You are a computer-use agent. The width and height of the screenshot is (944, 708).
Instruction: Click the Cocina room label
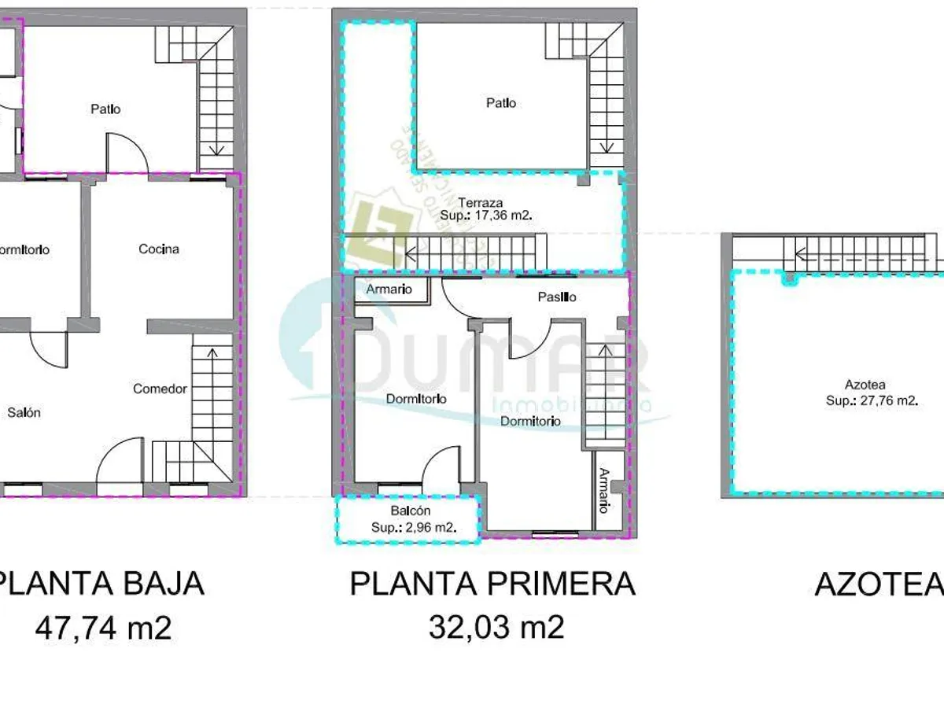pyautogui.click(x=159, y=249)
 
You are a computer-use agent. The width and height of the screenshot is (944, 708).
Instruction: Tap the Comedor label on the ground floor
pyautogui.click(x=160, y=389)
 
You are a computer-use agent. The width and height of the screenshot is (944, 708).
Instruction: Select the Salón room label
pyautogui.click(x=24, y=412)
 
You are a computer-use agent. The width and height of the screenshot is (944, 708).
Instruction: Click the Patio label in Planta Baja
pyautogui.click(x=105, y=109)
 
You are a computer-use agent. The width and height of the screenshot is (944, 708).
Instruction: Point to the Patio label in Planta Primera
pyautogui.click(x=501, y=103)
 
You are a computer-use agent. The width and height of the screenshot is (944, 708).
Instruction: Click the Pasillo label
pyautogui.click(x=557, y=297)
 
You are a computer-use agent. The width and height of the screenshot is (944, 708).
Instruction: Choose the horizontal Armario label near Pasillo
pyautogui.click(x=389, y=289)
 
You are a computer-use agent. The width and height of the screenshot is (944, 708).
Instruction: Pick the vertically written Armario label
pyautogui.click(x=603, y=491)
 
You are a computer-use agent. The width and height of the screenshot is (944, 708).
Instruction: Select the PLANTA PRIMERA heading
pyautogui.click(x=492, y=584)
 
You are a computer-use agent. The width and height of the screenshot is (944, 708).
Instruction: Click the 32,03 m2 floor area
pyautogui.click(x=496, y=628)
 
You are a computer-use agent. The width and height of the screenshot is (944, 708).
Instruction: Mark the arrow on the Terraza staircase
pyautogui.click(x=411, y=253)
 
